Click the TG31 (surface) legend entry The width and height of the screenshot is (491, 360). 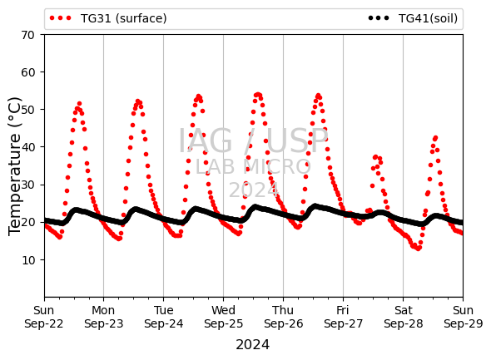(108, 18)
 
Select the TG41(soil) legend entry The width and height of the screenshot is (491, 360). (413, 18)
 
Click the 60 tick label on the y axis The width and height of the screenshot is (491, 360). (27, 72)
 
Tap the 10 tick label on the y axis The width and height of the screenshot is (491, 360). (27, 260)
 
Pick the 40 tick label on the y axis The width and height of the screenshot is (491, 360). (27, 147)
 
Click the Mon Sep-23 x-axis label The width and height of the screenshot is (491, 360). (104, 317)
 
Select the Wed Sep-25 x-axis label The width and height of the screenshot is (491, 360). (223, 317)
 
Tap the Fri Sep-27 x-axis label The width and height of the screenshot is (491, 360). (343, 317)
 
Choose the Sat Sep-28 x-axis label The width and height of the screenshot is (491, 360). (404, 317)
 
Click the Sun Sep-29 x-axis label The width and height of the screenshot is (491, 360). (464, 317)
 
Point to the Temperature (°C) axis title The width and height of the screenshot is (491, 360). (14, 166)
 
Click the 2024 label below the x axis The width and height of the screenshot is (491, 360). (253, 345)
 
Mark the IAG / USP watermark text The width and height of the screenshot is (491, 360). (253, 141)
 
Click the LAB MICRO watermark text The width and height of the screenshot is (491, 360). (253, 167)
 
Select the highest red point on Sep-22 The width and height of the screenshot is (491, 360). (79, 104)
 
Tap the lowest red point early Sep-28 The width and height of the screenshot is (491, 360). (419, 249)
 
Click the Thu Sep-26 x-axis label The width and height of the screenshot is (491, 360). (284, 317)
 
